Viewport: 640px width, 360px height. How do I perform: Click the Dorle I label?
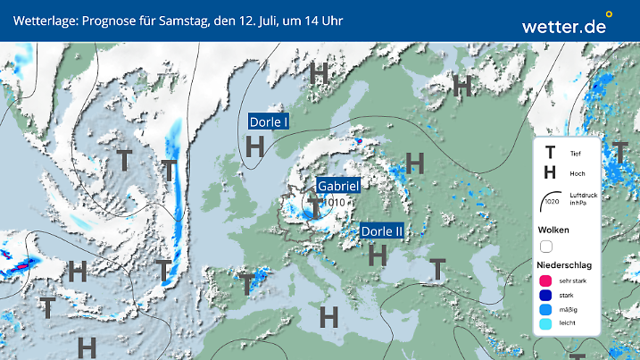269,122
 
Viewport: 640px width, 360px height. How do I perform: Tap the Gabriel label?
338,186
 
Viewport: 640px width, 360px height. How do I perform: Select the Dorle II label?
383,231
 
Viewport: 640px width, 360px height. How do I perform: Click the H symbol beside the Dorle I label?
255,146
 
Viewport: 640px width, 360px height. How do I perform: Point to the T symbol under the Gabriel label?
315,205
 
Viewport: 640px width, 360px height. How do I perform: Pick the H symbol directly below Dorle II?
378,255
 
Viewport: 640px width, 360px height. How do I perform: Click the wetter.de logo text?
563,26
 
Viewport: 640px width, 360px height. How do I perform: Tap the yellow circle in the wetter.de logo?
610,14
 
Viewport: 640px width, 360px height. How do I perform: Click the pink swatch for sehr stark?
546,281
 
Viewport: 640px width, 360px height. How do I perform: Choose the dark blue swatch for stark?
546,296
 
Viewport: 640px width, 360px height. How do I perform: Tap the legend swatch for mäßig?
546,310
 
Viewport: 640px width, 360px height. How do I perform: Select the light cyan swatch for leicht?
546,325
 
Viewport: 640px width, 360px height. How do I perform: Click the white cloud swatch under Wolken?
546,246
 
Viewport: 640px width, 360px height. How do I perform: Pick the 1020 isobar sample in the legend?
552,202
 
